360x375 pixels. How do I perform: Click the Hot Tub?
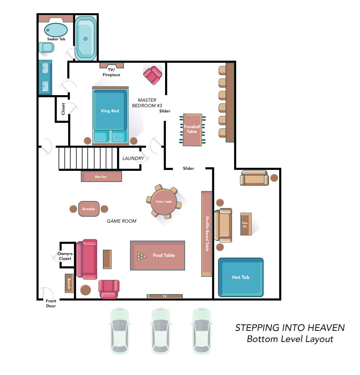pyautogui.click(x=241, y=277)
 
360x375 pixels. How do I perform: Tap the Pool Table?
pyautogui.click(x=157, y=256)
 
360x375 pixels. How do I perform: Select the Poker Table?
pyautogui.click(x=164, y=202)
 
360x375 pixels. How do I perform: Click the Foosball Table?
pyautogui.click(x=192, y=130)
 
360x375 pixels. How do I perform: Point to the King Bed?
pyautogui.click(x=110, y=116)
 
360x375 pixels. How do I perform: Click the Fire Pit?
pyautogui.click(x=246, y=224)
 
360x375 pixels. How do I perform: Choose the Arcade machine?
pyautogui.click(x=89, y=209)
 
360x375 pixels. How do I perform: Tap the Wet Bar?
pyautogui.click(x=101, y=176)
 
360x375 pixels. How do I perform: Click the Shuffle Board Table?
pyautogui.click(x=207, y=234)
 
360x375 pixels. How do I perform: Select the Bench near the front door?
pyautogui.click(x=69, y=283)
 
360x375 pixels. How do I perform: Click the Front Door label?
pyautogui.click(x=51, y=303)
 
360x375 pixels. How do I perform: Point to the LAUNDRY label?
pyautogui.click(x=133, y=158)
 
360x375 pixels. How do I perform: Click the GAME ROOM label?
pyautogui.click(x=122, y=221)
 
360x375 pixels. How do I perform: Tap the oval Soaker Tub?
pyautogui.click(x=56, y=30)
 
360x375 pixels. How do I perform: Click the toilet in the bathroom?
pyautogui.click(x=46, y=47)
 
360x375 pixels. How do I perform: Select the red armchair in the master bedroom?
pyautogui.click(x=153, y=75)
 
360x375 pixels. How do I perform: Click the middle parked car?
pyautogui.click(x=161, y=331)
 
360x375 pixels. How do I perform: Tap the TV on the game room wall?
pyautogui.click(x=165, y=296)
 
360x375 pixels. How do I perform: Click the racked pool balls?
pyautogui.click(x=141, y=256)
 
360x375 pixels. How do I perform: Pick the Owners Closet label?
pyautogui.click(x=65, y=256)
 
